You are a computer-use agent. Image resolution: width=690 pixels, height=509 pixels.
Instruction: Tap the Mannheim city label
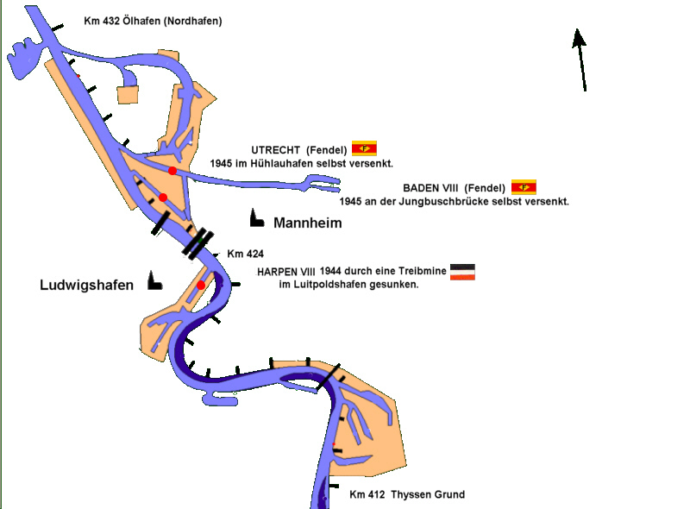coord(307,223)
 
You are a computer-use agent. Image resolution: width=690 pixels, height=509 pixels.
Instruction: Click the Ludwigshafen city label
coord(86,285)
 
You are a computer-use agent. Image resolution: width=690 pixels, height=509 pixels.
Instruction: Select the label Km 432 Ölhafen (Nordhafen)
coord(153,20)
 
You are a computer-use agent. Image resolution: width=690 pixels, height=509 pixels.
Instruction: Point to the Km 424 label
coord(245,254)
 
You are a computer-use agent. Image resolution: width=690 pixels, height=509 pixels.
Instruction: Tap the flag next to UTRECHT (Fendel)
coord(364,148)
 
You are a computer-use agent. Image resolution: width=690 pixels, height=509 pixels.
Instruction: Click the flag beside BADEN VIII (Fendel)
coord(524,186)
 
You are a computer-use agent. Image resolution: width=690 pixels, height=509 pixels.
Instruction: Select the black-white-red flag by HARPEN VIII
coord(462,272)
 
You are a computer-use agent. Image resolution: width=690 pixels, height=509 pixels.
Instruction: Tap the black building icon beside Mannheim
coord(256,219)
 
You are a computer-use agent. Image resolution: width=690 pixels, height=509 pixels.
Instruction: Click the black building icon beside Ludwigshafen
coord(154,280)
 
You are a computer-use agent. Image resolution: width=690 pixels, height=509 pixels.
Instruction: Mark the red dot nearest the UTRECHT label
coord(172,171)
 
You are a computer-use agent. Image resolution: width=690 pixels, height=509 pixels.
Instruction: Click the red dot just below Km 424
coord(201,286)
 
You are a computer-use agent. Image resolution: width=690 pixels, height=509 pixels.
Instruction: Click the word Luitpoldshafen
coord(332,285)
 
